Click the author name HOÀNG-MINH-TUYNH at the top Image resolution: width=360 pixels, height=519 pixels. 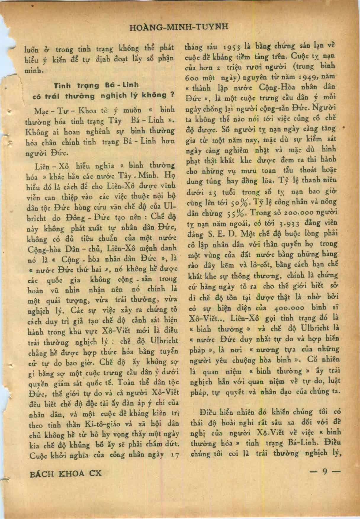(179, 27)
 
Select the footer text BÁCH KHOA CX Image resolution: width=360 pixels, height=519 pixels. (66, 473)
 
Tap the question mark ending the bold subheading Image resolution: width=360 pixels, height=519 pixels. (172, 95)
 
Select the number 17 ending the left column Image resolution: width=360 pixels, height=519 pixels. (175, 455)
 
